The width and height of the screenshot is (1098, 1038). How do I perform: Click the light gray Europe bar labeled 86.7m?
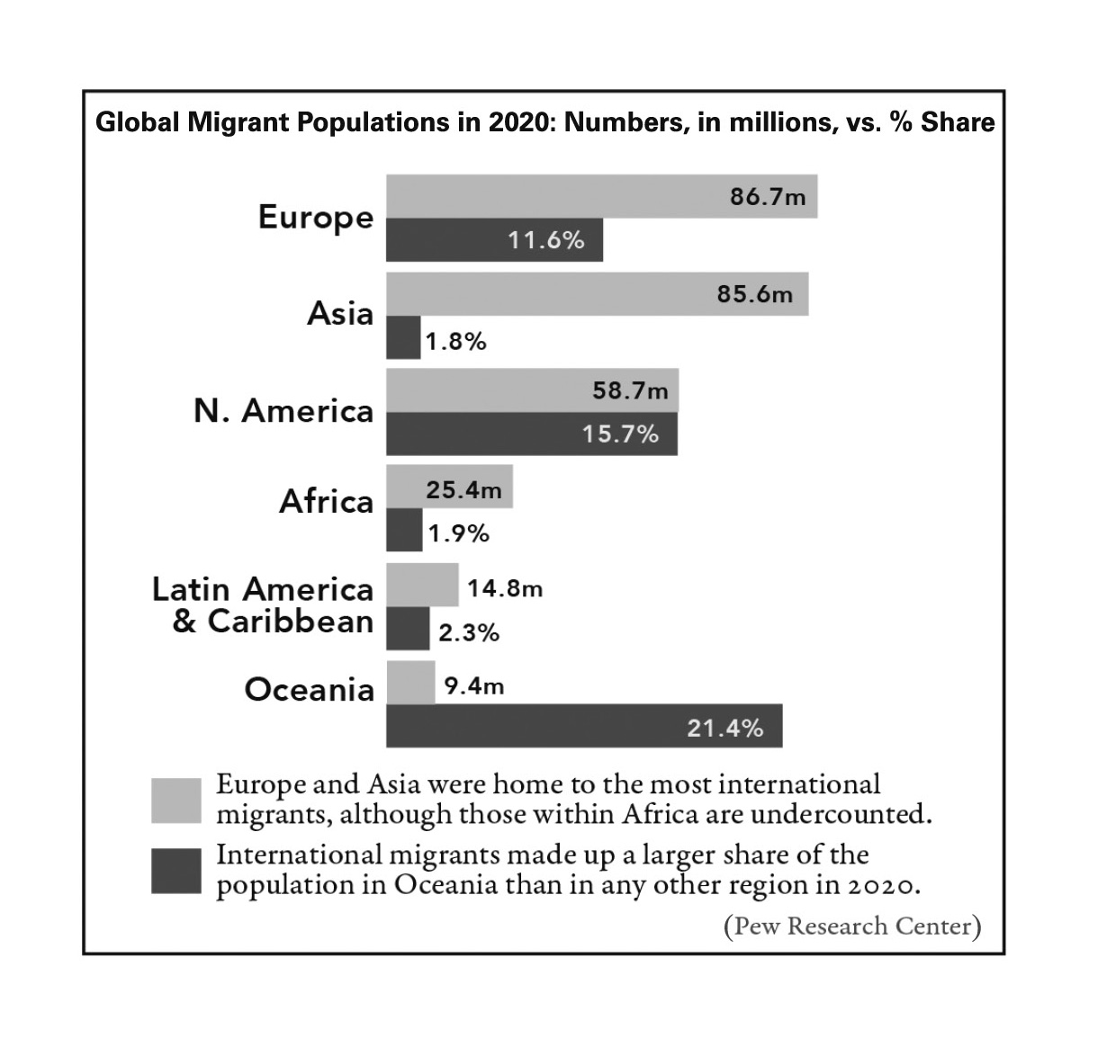point(601,196)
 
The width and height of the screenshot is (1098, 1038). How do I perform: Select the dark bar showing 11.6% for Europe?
point(494,240)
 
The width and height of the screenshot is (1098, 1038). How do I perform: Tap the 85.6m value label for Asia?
point(754,294)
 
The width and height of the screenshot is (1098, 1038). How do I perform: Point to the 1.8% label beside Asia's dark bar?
point(455,342)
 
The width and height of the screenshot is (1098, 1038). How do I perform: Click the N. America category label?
point(283,411)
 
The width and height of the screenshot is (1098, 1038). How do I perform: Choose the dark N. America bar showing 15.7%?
point(531,434)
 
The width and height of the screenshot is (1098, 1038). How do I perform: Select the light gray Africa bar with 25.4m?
point(449,487)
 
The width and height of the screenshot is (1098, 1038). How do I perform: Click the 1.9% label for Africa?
point(458,533)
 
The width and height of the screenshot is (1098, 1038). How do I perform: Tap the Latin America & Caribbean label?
point(263,605)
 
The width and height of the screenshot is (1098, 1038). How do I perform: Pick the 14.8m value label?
point(505,589)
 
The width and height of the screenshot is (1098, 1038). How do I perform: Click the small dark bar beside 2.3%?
point(408,629)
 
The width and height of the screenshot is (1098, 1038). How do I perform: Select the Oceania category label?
point(309,690)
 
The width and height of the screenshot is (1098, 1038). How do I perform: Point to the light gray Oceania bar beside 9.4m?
point(410,683)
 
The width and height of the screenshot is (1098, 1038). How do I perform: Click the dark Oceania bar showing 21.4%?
point(583,726)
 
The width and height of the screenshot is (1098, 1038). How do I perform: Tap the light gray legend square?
point(175,800)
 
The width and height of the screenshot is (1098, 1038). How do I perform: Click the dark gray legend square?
point(175,871)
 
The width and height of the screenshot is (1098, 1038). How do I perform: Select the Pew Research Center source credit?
point(851,926)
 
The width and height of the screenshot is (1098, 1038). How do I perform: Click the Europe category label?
point(315,218)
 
